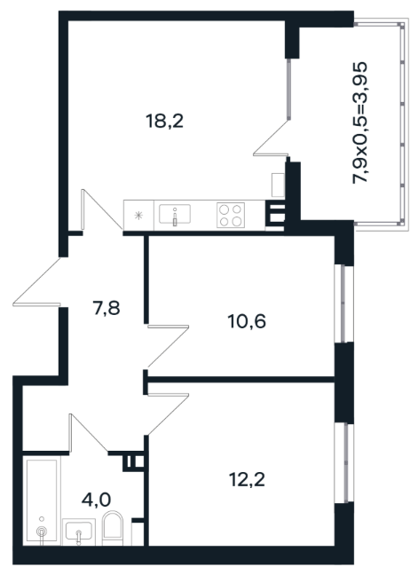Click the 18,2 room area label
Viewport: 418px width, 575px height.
click(165, 121)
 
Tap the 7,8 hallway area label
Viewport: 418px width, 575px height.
click(106, 308)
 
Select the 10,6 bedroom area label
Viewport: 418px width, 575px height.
click(247, 321)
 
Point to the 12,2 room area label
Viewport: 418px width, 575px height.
click(247, 479)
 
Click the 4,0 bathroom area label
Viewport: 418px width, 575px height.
click(96, 500)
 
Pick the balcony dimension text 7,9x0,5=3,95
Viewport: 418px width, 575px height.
click(359, 122)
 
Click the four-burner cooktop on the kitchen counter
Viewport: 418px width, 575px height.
click(231, 215)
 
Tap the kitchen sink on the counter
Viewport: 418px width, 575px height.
click(175, 215)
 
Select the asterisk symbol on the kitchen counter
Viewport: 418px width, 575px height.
click(138, 216)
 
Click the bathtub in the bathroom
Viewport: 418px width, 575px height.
click(42, 500)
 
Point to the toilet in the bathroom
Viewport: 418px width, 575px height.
click(113, 528)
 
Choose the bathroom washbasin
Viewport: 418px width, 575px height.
click(79, 532)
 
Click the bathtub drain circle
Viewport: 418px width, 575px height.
click(42, 531)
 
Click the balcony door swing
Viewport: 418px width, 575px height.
click(271, 138)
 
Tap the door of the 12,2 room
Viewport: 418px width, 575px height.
click(168, 414)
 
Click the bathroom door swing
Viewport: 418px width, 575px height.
click(89, 433)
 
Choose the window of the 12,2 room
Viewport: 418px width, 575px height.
click(344, 463)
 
